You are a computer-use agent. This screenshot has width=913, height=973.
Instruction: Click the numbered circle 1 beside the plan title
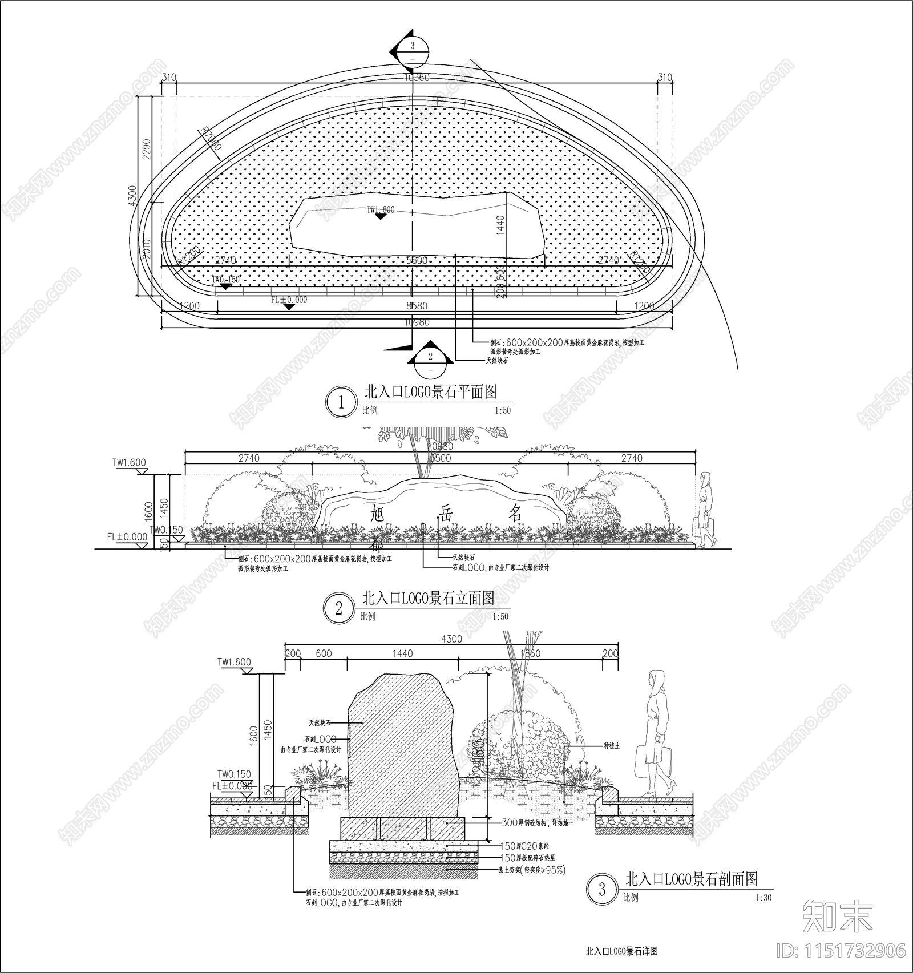[341, 402]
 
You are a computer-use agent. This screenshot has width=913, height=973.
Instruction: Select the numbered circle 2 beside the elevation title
[339, 608]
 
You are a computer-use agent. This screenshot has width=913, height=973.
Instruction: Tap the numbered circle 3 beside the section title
[602, 889]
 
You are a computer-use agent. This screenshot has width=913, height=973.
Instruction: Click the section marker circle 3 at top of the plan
[413, 51]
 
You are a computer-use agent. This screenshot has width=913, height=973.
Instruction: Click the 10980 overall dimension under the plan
[417, 322]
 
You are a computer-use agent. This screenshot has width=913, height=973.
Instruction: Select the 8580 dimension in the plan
[417, 306]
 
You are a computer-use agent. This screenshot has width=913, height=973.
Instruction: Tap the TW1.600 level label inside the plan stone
[381, 209]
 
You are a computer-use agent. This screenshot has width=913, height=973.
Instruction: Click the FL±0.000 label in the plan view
[289, 300]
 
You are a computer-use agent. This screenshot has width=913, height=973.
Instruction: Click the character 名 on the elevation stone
[515, 513]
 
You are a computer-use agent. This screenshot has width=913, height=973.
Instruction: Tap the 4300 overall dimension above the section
[451, 639]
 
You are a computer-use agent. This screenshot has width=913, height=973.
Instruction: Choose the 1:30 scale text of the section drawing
[763, 898]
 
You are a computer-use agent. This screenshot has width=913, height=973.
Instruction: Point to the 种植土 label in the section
[612, 746]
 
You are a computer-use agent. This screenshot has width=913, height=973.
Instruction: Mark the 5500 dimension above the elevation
[440, 458]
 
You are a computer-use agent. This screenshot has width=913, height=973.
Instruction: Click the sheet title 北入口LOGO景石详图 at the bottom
[622, 951]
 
